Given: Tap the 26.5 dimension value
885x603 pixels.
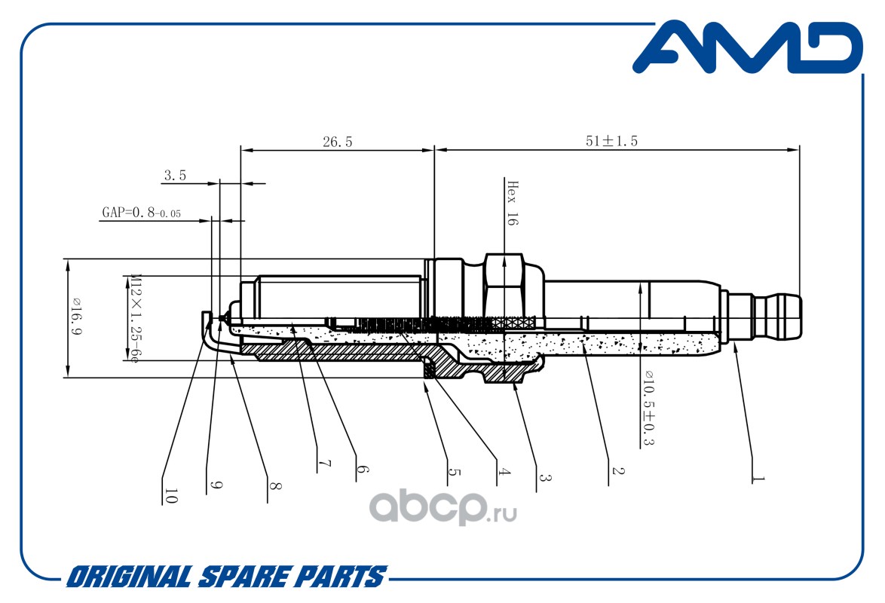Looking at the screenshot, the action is coord(338,142).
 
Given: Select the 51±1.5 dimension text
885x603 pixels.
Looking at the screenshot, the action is coord(612,141).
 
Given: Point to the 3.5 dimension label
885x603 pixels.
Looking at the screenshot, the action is coord(175,176).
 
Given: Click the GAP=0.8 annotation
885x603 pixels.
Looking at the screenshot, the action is coord(141,213).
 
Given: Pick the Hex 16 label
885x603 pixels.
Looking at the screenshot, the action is coord(512,204).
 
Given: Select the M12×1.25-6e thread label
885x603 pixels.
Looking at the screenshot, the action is coord(134,318).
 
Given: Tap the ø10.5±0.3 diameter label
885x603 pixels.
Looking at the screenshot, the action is coord(649,408).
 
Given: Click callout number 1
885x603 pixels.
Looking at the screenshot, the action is coord(759,478).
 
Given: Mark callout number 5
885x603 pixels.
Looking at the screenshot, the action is coord(455,471).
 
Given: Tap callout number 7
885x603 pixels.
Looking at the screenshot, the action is coord(325,464).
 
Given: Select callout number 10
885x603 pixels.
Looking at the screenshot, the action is coord(170,496).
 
